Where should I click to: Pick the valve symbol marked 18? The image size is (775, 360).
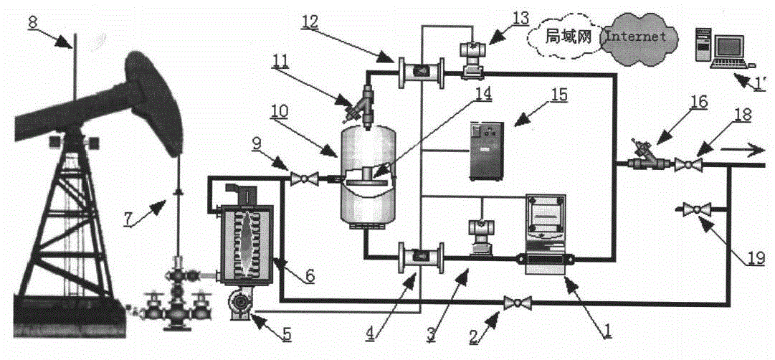coord(690,165)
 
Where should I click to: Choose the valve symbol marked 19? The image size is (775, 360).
coord(694,209)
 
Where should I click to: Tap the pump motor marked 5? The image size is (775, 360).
coord(239,306)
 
